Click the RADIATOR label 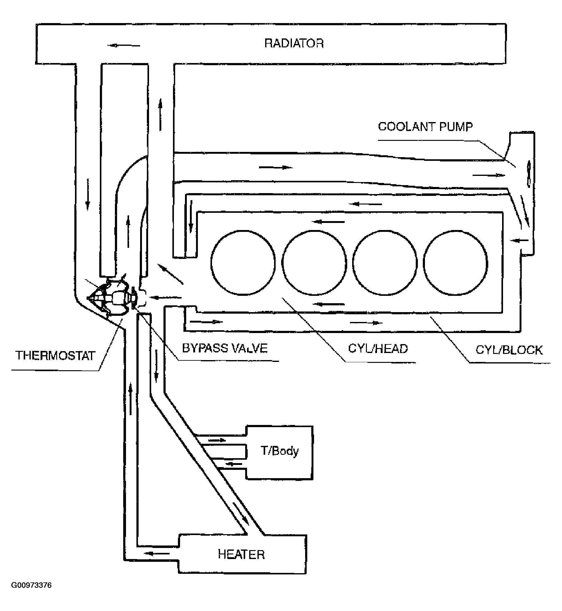coord(294,43)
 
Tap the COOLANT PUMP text coord(425,127)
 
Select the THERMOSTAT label coord(55,355)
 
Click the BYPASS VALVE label coord(225,348)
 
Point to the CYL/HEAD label coord(378,348)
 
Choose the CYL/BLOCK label coord(509,350)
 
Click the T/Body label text coord(280,451)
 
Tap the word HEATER coord(241,554)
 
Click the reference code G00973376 coord(31,594)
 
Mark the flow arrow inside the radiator coord(124,46)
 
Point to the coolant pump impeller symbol coord(529,174)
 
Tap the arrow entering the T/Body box coord(217,440)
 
